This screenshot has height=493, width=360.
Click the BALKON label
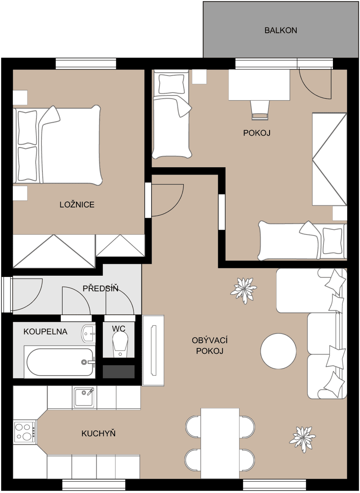281,30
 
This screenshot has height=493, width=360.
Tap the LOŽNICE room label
77,205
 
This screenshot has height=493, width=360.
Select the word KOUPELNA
45,332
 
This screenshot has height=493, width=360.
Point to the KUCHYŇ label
98,433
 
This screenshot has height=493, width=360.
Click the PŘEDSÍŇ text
100,289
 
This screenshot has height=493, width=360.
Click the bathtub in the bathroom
60,362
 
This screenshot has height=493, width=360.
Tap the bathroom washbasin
88,334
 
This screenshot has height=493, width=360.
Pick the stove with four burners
25,432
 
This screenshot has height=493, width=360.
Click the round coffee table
278,351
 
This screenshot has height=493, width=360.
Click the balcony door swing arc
314,84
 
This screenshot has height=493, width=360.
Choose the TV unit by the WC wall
153,350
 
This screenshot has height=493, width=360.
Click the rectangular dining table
220,444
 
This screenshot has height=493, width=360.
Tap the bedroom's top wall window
86,64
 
